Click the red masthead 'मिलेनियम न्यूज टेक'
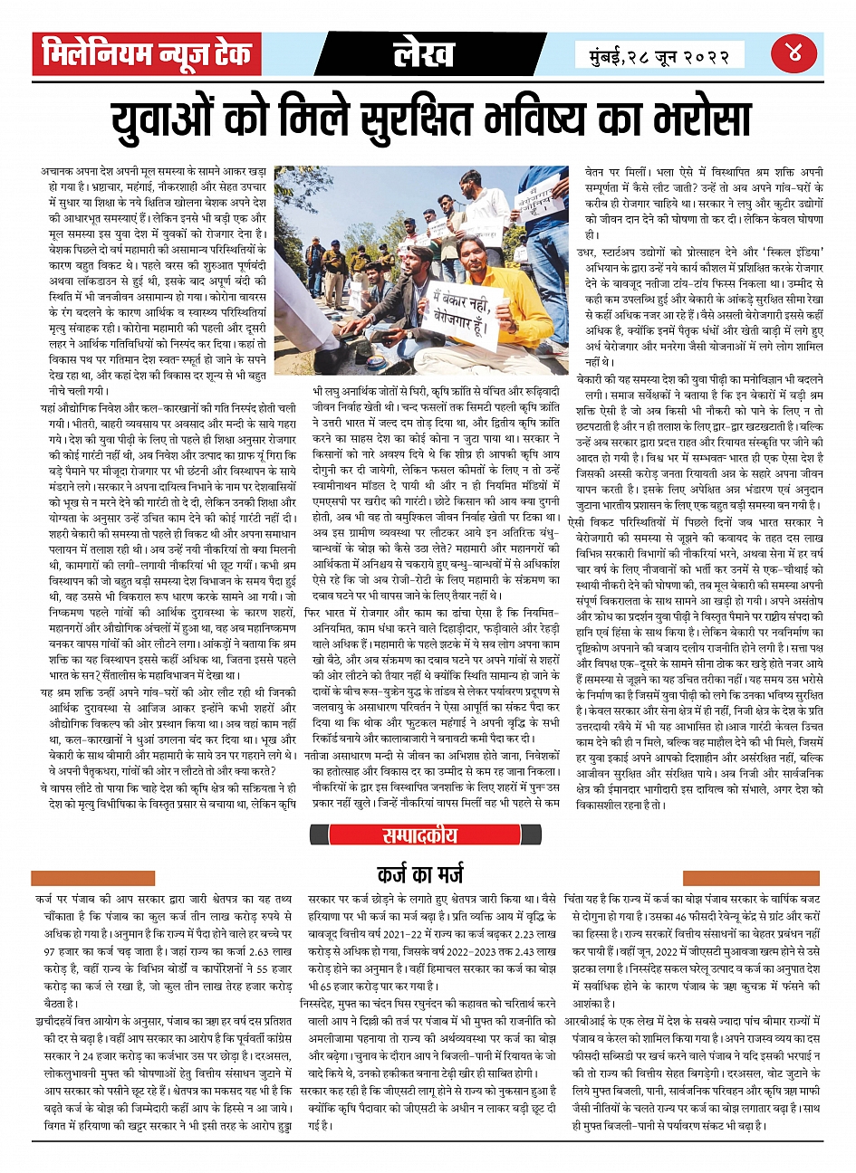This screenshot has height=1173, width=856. coord(147,55)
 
